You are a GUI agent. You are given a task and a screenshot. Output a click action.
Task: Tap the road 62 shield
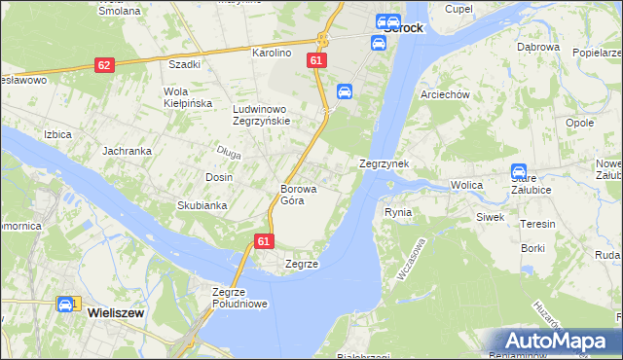(105, 64)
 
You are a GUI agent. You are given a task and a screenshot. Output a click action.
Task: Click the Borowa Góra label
(292, 195)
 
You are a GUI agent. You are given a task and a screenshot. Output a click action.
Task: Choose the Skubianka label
(202, 205)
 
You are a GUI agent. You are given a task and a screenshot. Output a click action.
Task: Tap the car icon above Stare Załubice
(519, 171)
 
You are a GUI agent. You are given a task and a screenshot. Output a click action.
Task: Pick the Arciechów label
(444, 94)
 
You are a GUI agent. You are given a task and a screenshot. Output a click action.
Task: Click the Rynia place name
(398, 212)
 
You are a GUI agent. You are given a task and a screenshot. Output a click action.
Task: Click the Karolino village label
(273, 53)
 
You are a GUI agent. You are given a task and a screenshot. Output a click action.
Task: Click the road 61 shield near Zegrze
(264, 239)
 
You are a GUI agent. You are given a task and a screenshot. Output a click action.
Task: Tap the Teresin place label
(537, 224)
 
